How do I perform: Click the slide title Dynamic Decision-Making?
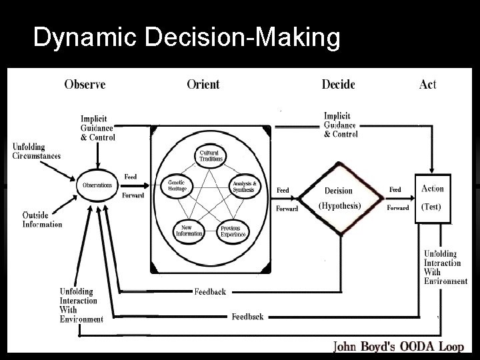tap(186, 38)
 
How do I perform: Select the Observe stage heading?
tap(85, 84)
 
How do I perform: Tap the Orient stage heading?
tap(203, 84)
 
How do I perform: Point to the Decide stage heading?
tap(338, 84)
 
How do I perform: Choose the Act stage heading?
tap(427, 84)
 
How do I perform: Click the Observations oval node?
tap(97, 185)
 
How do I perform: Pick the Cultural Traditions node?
tap(211, 155)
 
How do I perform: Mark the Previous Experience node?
tap(233, 231)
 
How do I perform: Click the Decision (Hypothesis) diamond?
tap(339, 198)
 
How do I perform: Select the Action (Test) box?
tap(432, 197)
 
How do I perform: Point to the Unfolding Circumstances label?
tap(37, 151)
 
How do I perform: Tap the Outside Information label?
tap(42, 219)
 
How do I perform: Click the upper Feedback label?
tap(210, 292)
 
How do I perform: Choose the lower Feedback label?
tap(247, 316)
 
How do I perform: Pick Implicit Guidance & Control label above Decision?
tap(341, 125)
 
